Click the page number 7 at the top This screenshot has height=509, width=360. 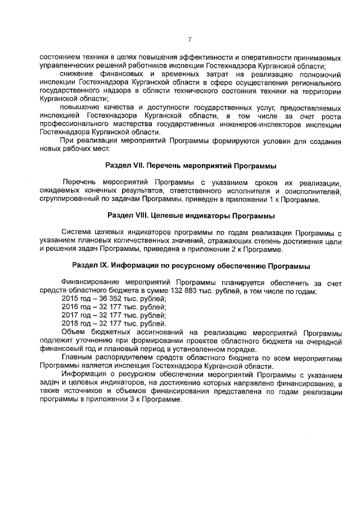tap(190, 39)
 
